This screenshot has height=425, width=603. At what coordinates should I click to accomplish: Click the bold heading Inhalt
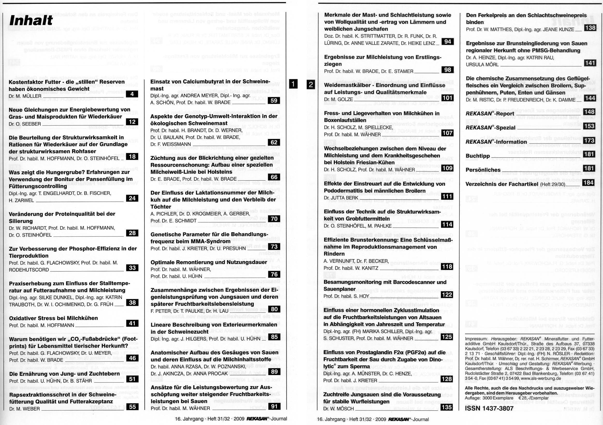click(31, 20)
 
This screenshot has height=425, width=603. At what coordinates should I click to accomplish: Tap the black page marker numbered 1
click(293, 84)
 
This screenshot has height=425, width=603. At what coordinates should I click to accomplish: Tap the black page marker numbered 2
click(311, 84)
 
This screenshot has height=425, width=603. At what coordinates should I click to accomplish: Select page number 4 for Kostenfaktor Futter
click(132, 94)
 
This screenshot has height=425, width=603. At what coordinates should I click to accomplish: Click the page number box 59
click(274, 100)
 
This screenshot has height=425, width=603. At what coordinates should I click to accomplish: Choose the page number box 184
click(589, 182)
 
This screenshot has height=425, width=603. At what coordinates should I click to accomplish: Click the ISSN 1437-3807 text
click(489, 408)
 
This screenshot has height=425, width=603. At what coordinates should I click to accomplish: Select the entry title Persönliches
click(483, 170)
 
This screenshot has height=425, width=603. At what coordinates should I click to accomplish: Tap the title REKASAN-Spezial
click(490, 128)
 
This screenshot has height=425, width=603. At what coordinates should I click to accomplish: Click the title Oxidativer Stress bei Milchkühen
click(53, 318)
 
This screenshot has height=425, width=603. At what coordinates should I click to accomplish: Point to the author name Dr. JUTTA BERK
click(341, 198)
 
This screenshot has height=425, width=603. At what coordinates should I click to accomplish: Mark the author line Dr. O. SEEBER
click(25, 124)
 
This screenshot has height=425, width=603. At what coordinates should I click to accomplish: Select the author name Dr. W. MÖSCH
click(339, 409)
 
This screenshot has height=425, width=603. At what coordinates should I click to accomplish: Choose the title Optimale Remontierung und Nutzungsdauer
click(209, 262)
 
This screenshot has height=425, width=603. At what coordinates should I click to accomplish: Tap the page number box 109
click(447, 168)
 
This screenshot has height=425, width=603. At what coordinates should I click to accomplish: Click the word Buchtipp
click(477, 156)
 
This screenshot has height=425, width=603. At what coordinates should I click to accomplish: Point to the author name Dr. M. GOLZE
click(338, 99)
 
